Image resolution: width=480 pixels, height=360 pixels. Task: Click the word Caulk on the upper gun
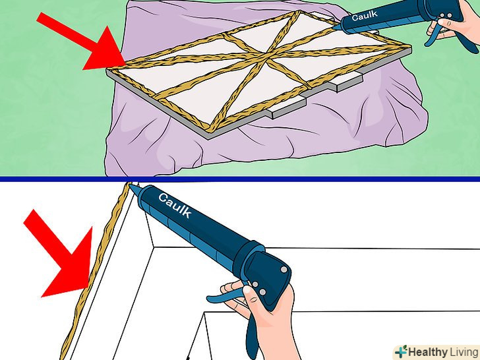click(x=365, y=15)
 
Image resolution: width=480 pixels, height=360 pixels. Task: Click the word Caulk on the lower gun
click(x=175, y=205)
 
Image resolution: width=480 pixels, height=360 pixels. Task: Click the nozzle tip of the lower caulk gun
click(x=130, y=185)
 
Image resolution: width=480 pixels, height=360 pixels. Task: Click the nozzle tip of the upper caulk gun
click(x=334, y=28)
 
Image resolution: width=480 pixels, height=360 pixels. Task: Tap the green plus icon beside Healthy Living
click(x=402, y=351)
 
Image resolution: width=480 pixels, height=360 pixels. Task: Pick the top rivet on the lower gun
click(x=284, y=270)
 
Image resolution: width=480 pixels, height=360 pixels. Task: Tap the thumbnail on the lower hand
click(x=247, y=289)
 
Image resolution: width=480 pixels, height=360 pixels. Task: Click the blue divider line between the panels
click(x=240, y=179)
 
